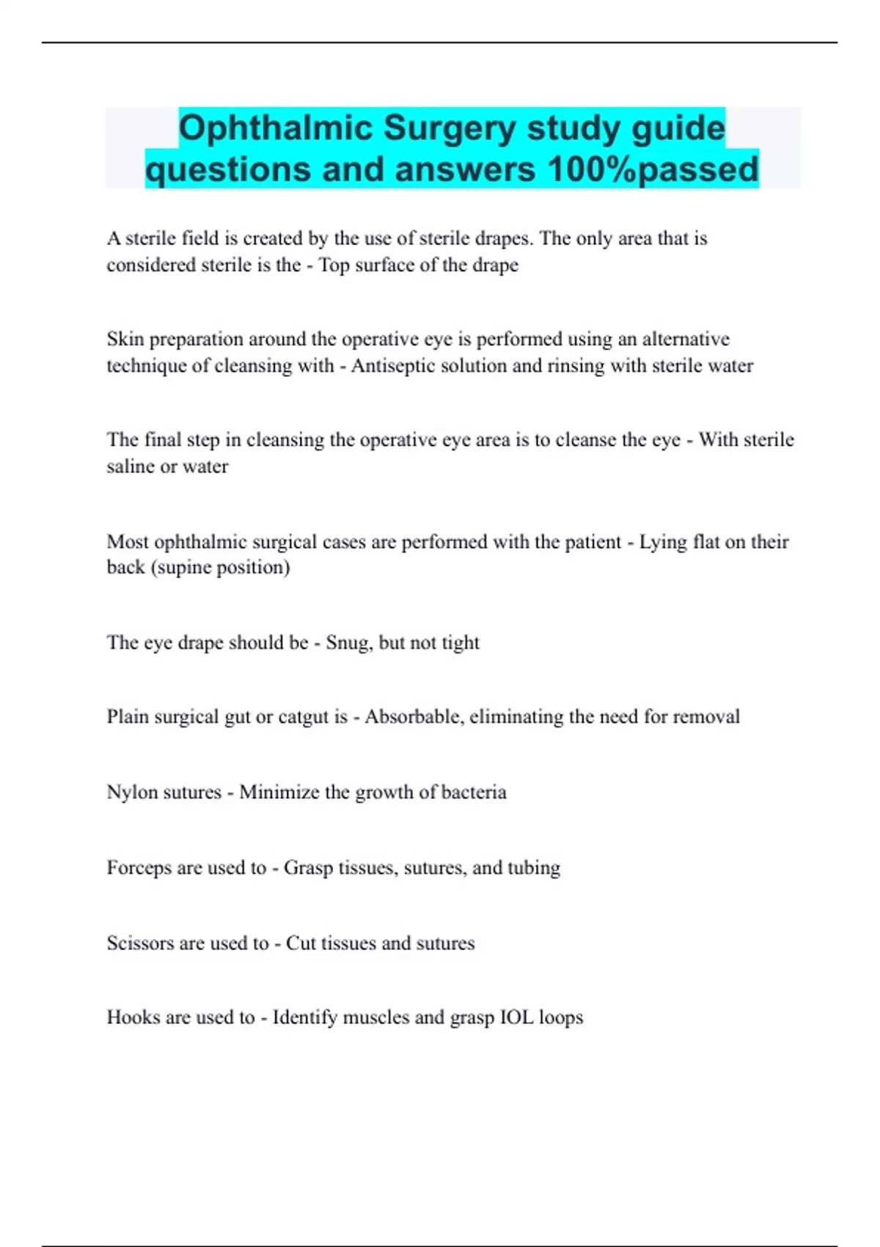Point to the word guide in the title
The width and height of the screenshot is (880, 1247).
click(678, 128)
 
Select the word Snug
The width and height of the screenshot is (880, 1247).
click(348, 643)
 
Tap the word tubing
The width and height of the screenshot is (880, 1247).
click(533, 868)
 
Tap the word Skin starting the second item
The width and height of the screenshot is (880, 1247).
click(125, 339)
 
